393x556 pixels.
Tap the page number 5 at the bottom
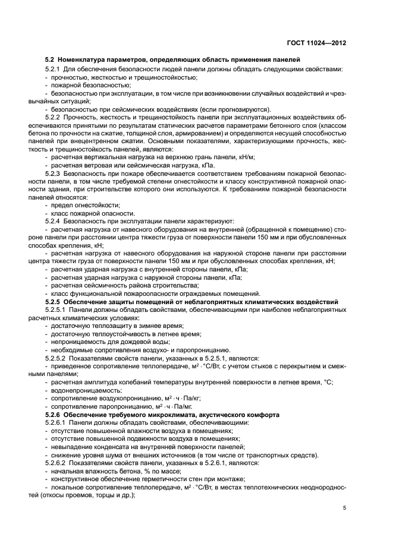(x=344, y=508)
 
